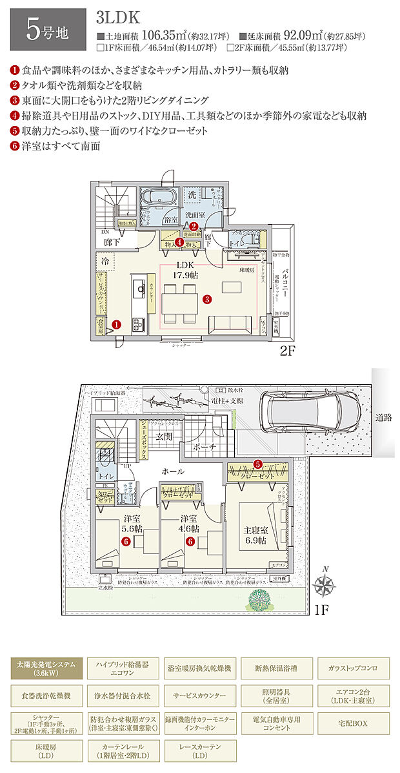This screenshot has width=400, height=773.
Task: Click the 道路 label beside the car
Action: (x=385, y=418)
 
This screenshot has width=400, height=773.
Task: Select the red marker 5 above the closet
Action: (x=257, y=464)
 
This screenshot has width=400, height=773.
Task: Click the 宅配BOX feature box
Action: (x=353, y=723)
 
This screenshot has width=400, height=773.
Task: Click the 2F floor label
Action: (x=288, y=353)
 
